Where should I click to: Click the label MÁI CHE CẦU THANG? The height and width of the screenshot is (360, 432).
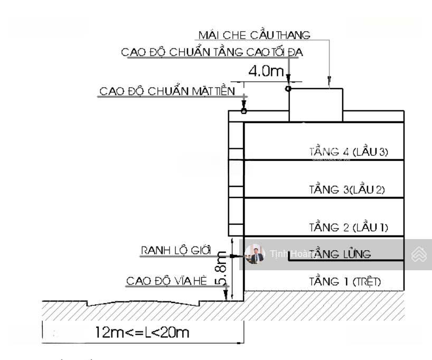pyautogui.click(x=253, y=35)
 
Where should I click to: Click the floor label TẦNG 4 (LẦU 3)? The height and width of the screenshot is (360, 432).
pyautogui.click(x=348, y=153)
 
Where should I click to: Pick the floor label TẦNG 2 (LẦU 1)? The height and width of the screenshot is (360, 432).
pyautogui.click(x=348, y=228)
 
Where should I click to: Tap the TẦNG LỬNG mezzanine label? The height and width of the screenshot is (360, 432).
pyautogui.click(x=341, y=254)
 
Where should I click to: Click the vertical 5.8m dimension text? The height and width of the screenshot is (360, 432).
pyautogui.click(x=224, y=268)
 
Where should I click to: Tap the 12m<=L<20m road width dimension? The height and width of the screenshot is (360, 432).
pyautogui.click(x=142, y=333)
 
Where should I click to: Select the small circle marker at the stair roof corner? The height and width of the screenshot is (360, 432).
pyautogui.click(x=288, y=89)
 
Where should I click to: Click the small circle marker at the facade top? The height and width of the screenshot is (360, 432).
pyautogui.click(x=243, y=111)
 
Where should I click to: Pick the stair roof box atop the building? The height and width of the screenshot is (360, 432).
pyautogui.click(x=315, y=106)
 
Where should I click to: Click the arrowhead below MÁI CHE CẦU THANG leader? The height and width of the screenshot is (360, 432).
pyautogui.click(x=329, y=82)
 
